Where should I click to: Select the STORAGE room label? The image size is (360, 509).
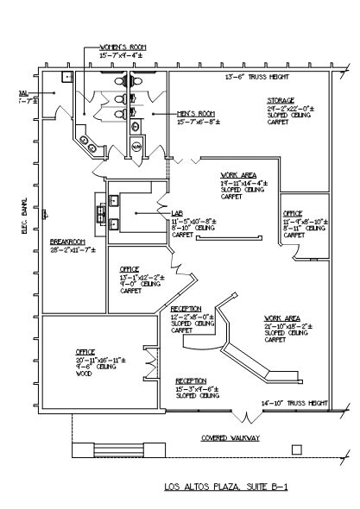[281, 100]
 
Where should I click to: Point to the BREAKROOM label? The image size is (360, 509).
[66, 241]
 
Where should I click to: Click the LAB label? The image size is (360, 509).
[177, 213]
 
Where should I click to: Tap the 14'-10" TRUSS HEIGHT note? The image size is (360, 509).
[295, 403]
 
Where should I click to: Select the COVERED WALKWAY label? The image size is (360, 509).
[231, 437]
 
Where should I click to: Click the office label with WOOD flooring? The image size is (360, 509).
[85, 352]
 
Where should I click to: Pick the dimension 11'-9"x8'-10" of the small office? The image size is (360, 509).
[304, 221]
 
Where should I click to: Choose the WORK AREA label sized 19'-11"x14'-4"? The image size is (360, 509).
[237, 175]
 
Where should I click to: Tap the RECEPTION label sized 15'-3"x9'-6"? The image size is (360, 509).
[191, 380]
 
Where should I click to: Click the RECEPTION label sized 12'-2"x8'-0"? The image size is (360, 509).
[186, 308]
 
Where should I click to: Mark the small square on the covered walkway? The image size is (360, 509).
[296, 449]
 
